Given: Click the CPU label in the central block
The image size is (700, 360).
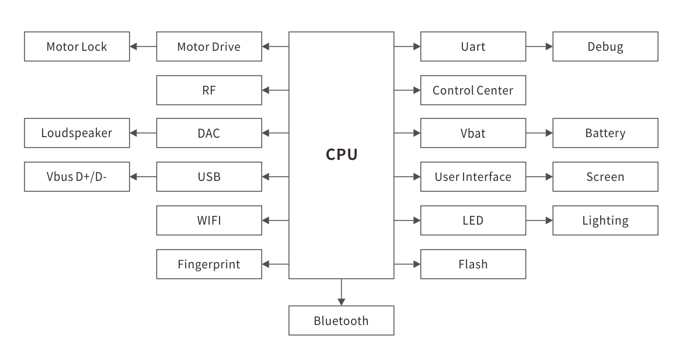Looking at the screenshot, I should pos(342,155).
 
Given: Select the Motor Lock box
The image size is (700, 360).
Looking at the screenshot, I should pos(77,47).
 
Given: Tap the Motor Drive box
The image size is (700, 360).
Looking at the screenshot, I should pos(209,47).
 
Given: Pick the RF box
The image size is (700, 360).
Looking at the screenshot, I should pos(209,90).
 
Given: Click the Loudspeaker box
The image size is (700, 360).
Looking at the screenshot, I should pos(77,134).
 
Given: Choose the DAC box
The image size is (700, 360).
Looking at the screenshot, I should pos(209,134).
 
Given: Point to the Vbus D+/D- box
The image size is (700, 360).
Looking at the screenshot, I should pos(77,177).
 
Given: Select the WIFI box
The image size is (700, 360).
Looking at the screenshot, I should pos(209,221).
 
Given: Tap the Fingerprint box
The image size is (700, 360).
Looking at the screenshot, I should pos(209,264).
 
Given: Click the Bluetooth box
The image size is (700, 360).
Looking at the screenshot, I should pos(342,321).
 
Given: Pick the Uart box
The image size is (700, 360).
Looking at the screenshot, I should pos(473,47).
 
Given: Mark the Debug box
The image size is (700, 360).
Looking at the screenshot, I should pos(605,47).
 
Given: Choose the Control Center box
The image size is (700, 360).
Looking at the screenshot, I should pos(473,90).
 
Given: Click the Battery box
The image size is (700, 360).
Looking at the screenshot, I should pos(605,134).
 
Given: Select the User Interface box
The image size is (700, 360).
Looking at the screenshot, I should pos(473,177).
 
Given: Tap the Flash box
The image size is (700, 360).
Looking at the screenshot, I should pos(473,264).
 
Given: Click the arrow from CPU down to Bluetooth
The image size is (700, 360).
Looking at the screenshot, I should pos(342,292).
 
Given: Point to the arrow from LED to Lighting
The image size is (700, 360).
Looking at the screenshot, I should pos(539,221).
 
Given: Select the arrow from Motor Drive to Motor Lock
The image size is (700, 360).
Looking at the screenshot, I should pos(143,47).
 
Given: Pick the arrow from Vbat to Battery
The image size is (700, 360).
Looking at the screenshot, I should pos(539,134).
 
